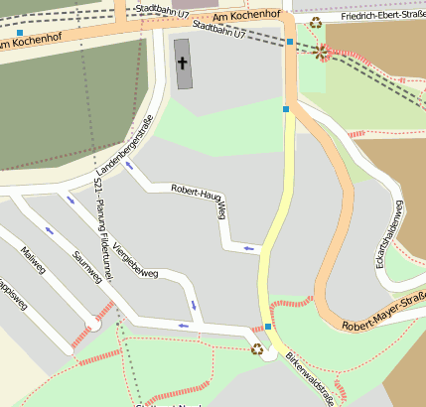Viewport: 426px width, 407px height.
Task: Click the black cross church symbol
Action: click(182, 64)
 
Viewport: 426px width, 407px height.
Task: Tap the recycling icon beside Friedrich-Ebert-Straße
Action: click(316, 22)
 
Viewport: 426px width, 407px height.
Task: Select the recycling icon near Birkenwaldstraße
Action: click(257, 348)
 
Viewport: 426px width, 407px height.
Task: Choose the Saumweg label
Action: click(87, 267)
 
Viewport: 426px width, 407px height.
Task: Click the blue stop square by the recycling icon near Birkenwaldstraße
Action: click(268, 326)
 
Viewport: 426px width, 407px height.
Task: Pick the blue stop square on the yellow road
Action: click(286, 109)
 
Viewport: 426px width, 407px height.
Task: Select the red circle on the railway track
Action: click(323, 51)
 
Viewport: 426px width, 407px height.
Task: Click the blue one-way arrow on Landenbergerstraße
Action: click(129, 164)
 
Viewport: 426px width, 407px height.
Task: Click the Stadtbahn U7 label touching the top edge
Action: click(159, 7)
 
